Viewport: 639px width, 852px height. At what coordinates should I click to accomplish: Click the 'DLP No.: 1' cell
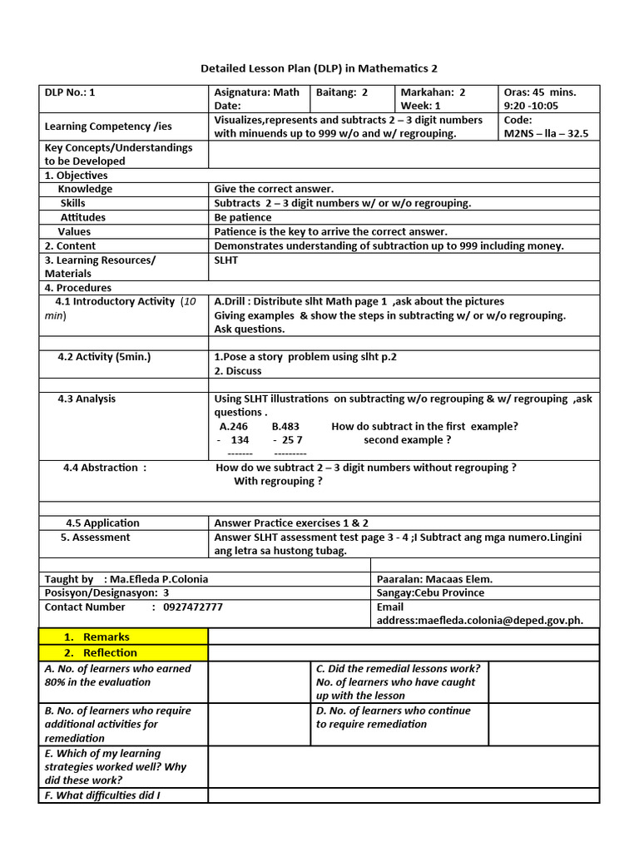70,92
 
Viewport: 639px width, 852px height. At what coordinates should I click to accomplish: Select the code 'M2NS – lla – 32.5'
546,133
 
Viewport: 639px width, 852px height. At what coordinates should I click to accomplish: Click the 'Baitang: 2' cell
342,92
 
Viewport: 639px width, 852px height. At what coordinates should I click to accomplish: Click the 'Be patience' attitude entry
243,217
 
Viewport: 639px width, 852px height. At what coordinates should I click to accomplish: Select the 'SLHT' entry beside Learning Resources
226,260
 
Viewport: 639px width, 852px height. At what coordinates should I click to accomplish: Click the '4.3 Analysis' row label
87,399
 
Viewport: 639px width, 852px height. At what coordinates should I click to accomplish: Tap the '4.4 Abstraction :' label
105,468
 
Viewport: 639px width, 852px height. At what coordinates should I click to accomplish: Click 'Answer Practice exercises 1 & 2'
291,523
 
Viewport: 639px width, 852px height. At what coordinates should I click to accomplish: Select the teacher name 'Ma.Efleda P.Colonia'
156,579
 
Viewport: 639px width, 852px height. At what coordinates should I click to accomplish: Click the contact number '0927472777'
193,607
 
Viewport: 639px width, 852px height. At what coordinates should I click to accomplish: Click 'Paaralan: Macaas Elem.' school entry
434,579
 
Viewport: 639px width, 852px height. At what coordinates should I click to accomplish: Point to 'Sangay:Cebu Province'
430,593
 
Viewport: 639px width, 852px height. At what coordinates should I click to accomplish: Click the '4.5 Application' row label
102,523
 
